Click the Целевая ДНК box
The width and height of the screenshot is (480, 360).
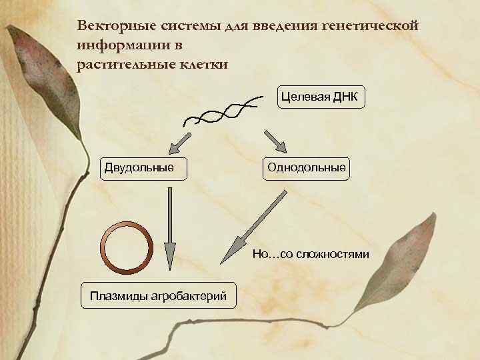tap(320, 97)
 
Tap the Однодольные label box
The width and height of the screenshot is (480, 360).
tap(306, 167)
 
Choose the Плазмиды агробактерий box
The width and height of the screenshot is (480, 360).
tap(158, 295)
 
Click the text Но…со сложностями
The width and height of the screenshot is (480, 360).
tap(310, 255)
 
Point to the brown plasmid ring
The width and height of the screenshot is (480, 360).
tap(127, 247)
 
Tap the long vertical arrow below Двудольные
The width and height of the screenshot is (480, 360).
tap(170, 227)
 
